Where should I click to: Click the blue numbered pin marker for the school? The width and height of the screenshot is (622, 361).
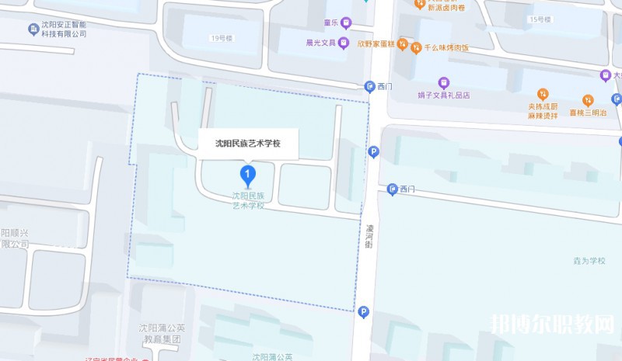(x=247, y=173)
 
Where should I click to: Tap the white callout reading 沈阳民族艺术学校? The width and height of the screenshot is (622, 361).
(x=247, y=144)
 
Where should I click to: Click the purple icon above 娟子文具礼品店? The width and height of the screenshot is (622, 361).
(x=443, y=82)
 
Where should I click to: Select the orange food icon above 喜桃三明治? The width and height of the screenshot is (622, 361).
(x=588, y=100)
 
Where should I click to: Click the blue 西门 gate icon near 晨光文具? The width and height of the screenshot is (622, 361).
(x=369, y=87)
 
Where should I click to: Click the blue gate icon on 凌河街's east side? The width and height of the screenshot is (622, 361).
(x=393, y=189)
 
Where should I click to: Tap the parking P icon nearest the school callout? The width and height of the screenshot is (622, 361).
(x=373, y=152)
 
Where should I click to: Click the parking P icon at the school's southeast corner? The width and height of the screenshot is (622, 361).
(x=362, y=312)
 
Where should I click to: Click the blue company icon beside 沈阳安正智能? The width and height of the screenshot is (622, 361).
(x=33, y=30)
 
